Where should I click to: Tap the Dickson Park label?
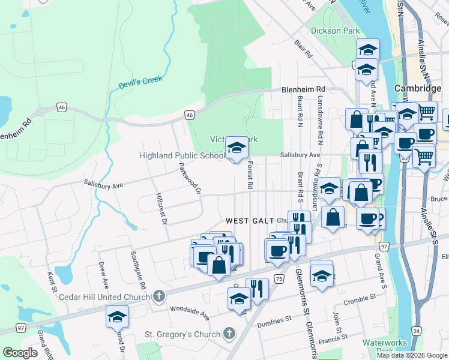click(x=335, y=31)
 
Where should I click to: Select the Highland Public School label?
click(x=182, y=156)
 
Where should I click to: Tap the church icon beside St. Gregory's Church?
click(x=228, y=334)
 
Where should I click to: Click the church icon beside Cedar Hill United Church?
click(x=158, y=295)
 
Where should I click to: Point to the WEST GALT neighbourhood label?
click(x=250, y=221)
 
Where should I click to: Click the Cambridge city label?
click(x=418, y=88)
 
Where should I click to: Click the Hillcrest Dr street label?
click(x=160, y=208)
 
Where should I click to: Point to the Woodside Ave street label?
click(x=189, y=314)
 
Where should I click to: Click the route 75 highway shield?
click(x=279, y=279)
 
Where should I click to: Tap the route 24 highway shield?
click(x=416, y=331)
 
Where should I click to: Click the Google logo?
click(x=20, y=353)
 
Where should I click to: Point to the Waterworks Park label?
click(x=378, y=347)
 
